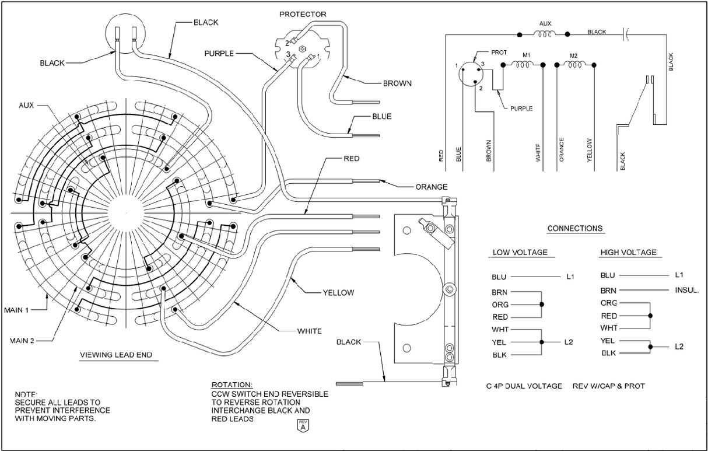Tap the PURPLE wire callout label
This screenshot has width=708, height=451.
tap(220, 53)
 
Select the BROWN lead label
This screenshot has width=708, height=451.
tap(397, 83)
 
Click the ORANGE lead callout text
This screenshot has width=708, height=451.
tap(432, 187)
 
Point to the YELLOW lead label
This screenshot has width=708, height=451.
tap(339, 292)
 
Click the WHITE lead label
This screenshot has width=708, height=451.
tap(309, 331)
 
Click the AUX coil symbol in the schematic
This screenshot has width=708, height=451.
tap(545, 34)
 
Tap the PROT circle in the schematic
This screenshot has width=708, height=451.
tap(471, 75)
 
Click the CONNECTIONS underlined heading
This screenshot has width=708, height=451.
tap(575, 228)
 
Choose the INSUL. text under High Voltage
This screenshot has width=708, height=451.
tap(686, 290)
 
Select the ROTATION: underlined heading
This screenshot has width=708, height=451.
tap(232, 386)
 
